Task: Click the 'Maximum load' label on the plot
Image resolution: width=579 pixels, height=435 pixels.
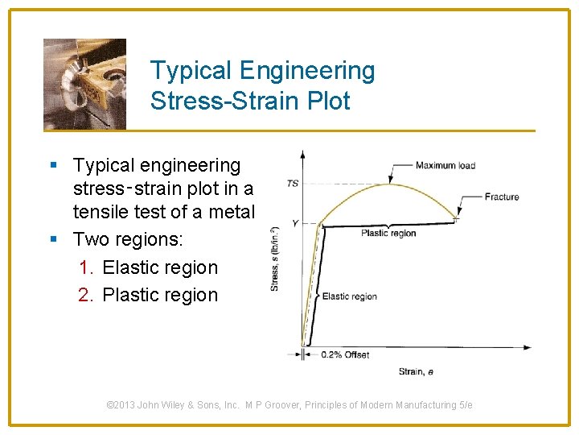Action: coord(445,166)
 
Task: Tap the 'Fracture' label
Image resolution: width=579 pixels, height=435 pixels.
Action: coord(502,197)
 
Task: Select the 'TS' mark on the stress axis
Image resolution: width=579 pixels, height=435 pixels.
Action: coord(293,184)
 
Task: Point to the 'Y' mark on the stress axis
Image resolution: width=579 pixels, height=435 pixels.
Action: coord(294,223)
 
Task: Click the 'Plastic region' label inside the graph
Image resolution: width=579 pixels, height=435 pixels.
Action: coord(388,234)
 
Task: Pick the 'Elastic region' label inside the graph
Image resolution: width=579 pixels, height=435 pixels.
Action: coord(349,296)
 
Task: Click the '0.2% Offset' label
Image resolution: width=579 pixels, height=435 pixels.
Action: coord(345,355)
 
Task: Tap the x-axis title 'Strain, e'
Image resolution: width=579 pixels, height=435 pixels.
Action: coord(416,371)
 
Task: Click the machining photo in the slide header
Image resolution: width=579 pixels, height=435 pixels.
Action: coord(84,84)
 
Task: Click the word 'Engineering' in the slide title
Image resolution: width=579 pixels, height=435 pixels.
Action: coord(321,71)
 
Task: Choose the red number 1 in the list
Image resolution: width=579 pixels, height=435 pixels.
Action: coord(86,267)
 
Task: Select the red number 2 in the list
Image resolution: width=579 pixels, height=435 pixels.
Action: coord(86,295)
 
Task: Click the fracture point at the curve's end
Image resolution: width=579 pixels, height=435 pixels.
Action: coord(456,217)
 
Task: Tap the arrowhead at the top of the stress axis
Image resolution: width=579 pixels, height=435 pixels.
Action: coord(302,153)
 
